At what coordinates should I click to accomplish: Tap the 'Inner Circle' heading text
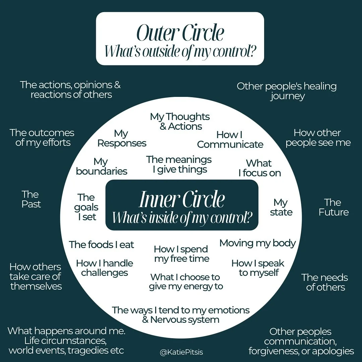tap(182, 199)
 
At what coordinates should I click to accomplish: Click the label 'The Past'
tap(31, 199)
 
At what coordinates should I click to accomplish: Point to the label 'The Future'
tap(333, 207)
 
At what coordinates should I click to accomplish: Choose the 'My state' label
tap(281, 207)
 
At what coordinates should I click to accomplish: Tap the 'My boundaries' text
tap(101, 166)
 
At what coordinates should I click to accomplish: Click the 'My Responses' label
tap(122, 138)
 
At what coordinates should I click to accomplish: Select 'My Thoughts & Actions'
tap(180, 121)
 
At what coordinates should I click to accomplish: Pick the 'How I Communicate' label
tap(230, 139)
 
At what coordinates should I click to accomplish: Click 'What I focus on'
tap(259, 168)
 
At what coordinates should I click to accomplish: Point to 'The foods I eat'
tap(102, 245)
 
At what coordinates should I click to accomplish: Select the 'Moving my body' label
tap(257, 243)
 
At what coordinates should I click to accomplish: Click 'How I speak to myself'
tap(258, 268)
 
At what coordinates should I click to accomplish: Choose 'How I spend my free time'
tap(181, 254)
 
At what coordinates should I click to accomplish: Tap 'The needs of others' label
tap(324, 282)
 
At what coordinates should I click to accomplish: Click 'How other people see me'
tap(318, 137)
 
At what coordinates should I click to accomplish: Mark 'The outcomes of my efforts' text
tap(42, 137)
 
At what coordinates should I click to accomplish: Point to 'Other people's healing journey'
tap(287, 91)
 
